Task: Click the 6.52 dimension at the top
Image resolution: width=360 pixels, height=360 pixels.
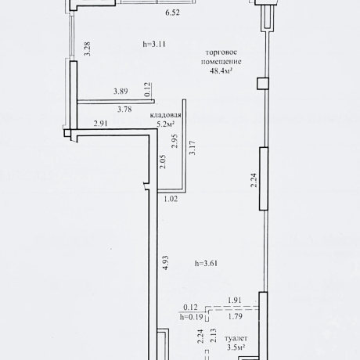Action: [172, 13]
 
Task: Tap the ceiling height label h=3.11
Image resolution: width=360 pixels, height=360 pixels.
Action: [154, 44]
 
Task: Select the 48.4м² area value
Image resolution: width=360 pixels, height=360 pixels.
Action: [221, 70]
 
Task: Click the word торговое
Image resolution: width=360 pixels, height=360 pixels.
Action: [221, 52]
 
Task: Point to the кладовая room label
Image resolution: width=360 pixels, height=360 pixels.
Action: [165, 115]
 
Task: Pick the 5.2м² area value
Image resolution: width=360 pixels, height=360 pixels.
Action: [165, 124]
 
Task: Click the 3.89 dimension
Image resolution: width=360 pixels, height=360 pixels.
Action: [121, 92]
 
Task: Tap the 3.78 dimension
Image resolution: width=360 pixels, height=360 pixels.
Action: [124, 109]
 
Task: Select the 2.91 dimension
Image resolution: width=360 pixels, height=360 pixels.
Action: [100, 123]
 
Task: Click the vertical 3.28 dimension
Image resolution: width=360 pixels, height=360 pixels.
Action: [88, 49]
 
